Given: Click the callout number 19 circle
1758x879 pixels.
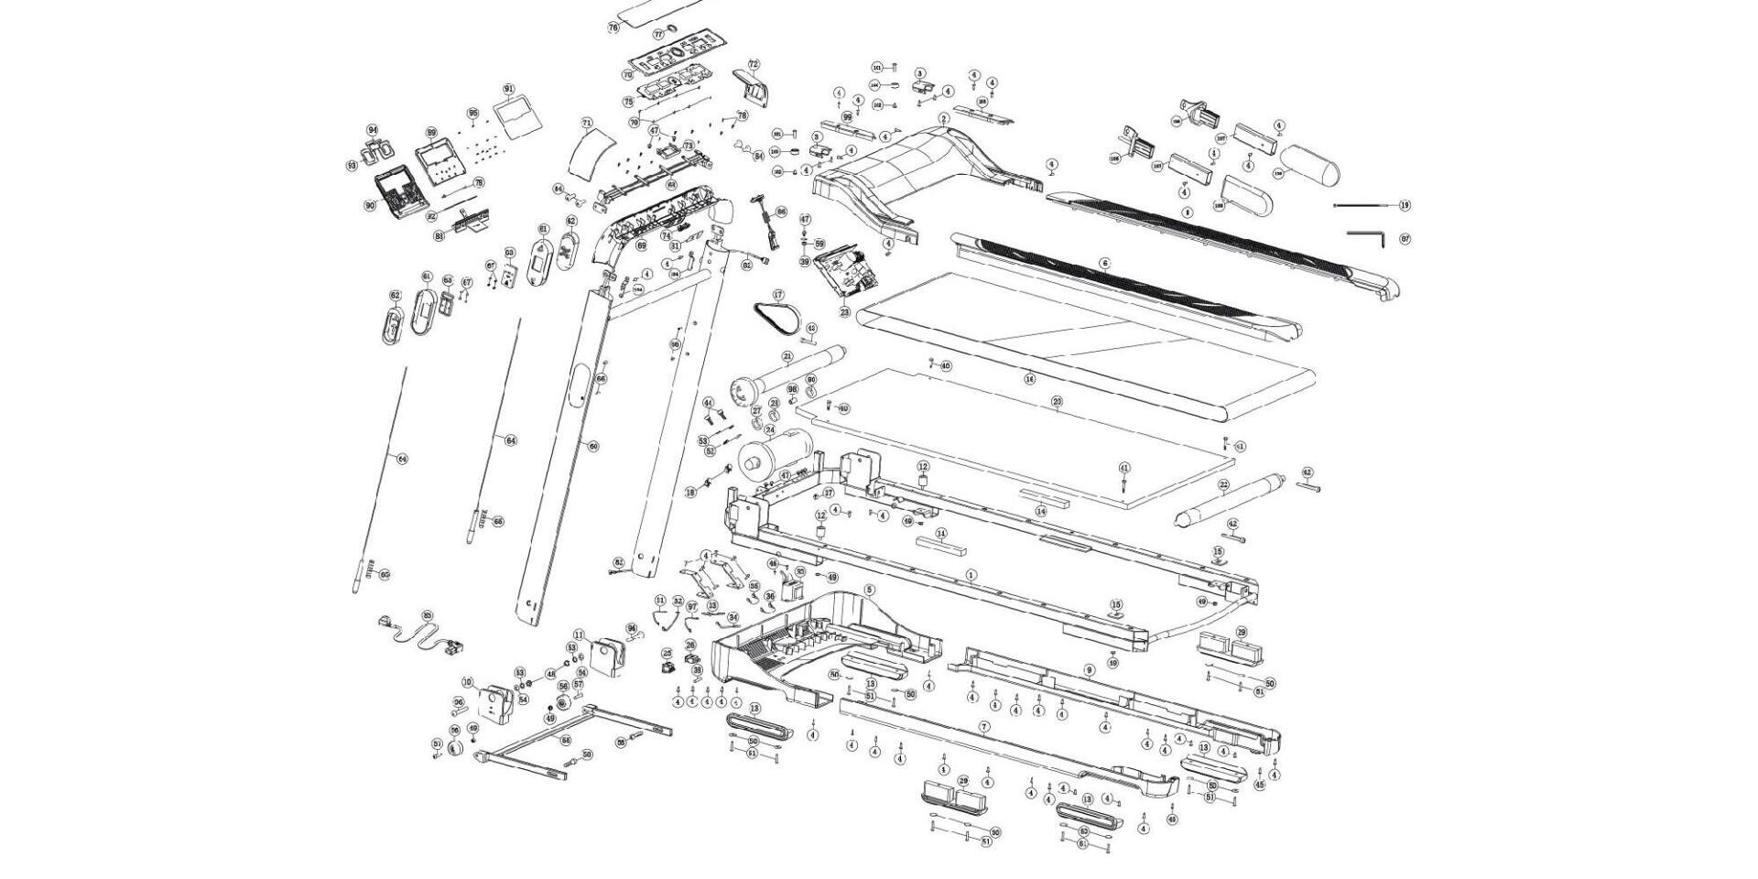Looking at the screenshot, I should [x=1405, y=205].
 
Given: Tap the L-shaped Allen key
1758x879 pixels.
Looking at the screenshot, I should [x=1368, y=236].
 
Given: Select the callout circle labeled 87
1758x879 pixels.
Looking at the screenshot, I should [x=1405, y=239].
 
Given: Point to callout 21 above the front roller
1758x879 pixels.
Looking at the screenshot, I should [x=787, y=356].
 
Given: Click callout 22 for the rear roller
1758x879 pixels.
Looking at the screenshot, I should [x=1223, y=484].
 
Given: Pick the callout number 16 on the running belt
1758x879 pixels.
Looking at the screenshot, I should [x=1030, y=378].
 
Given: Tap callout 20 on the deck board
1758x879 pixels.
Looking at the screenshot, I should [x=1057, y=402].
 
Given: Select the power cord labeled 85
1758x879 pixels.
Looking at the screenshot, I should [x=417, y=635].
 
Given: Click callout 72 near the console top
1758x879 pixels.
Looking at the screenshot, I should [x=754, y=65].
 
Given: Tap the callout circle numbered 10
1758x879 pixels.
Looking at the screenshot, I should [x=467, y=682].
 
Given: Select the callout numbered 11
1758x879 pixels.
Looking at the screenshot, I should [x=579, y=635].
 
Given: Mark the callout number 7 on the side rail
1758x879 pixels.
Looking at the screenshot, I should [x=984, y=727].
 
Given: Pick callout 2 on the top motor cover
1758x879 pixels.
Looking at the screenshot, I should [x=944, y=119].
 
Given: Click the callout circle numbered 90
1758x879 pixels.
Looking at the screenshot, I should [x=370, y=206].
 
